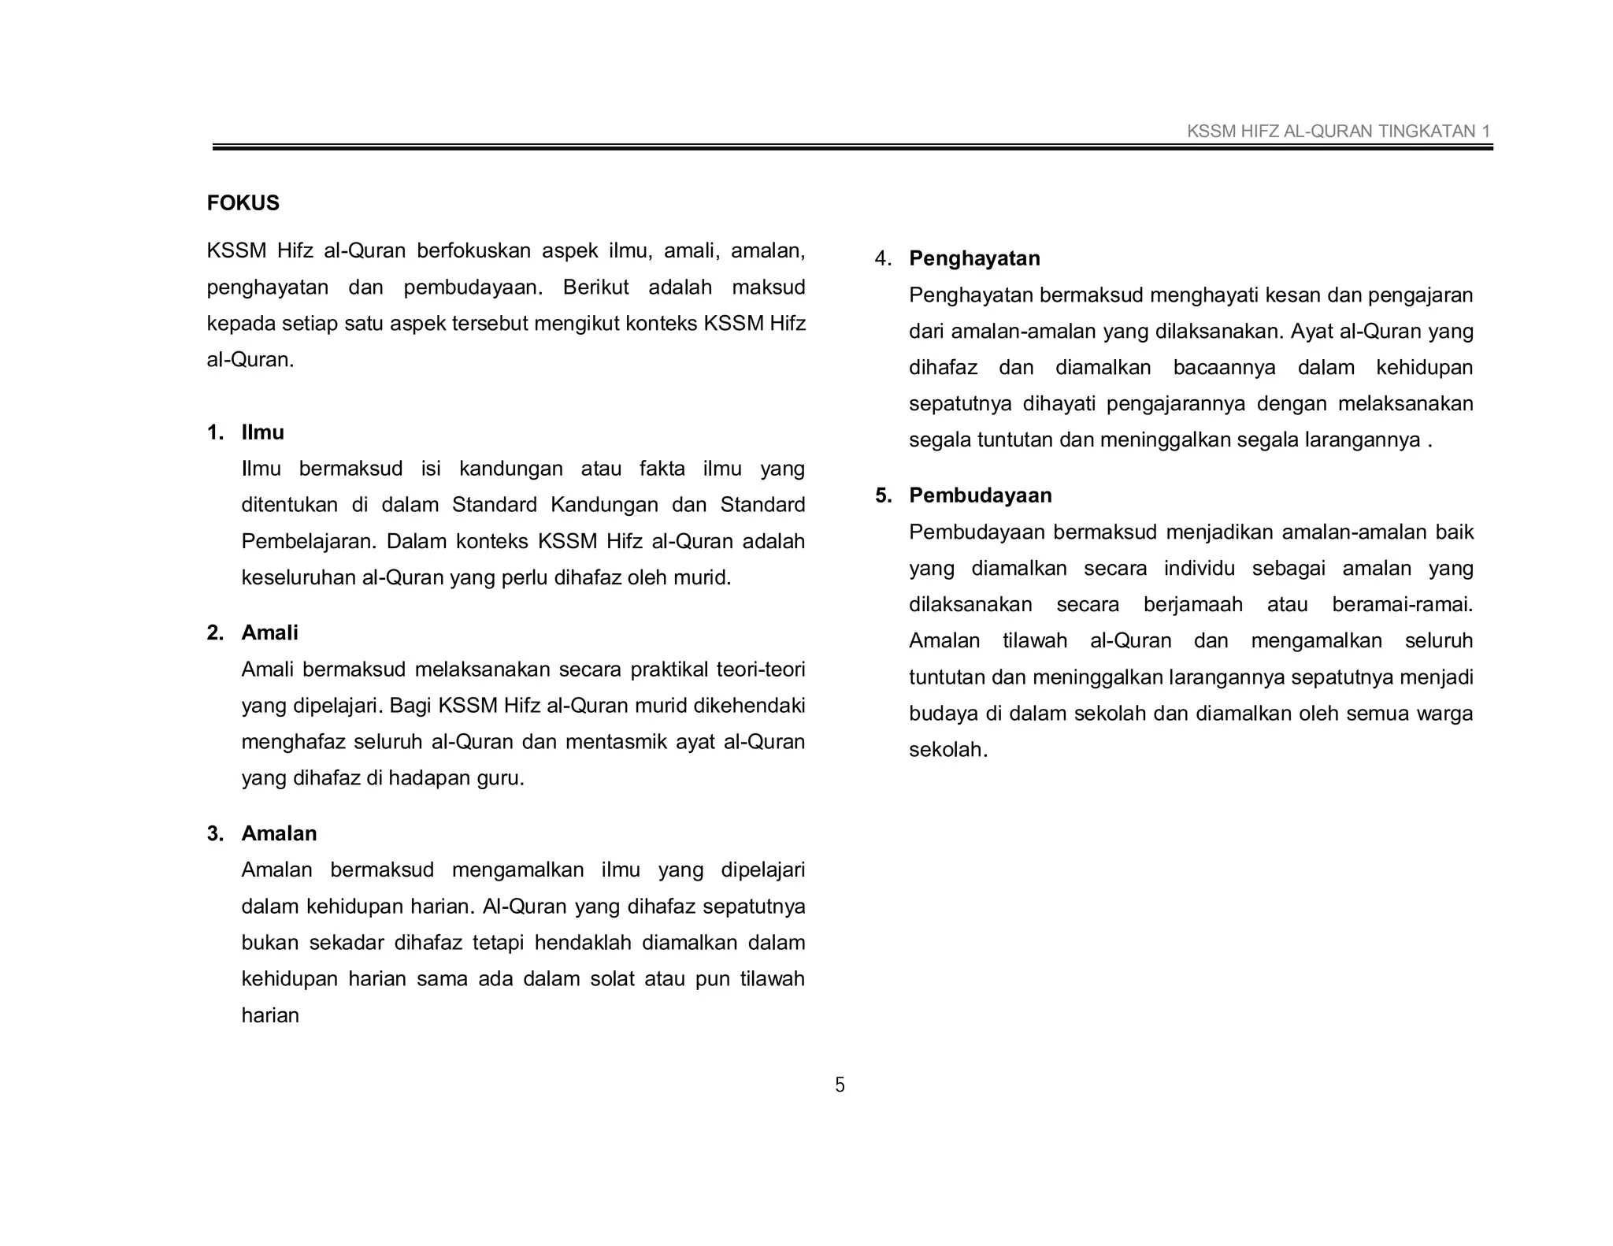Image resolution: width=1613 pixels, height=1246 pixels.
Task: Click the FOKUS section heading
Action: click(243, 203)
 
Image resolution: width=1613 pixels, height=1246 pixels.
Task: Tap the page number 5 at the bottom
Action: click(840, 1085)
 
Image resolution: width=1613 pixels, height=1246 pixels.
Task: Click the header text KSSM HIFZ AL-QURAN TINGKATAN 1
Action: click(1338, 132)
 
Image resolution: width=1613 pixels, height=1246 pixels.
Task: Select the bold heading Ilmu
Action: click(262, 432)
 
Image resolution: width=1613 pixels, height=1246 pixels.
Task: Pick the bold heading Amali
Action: click(269, 632)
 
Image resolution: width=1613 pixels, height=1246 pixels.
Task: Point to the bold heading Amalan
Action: click(279, 833)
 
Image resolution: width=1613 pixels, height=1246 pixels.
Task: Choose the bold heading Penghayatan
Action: click(974, 258)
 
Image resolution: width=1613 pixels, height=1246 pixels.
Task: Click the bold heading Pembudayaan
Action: click(980, 495)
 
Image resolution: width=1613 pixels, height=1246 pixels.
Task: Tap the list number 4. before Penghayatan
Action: click(883, 258)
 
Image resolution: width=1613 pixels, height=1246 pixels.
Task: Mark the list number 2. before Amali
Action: click(215, 632)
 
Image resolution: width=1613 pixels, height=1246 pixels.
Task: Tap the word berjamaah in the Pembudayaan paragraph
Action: click(1192, 605)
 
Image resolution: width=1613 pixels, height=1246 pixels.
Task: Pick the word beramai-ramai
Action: click(1402, 605)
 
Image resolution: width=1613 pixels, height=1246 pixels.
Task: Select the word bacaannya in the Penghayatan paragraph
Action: click(1224, 368)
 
